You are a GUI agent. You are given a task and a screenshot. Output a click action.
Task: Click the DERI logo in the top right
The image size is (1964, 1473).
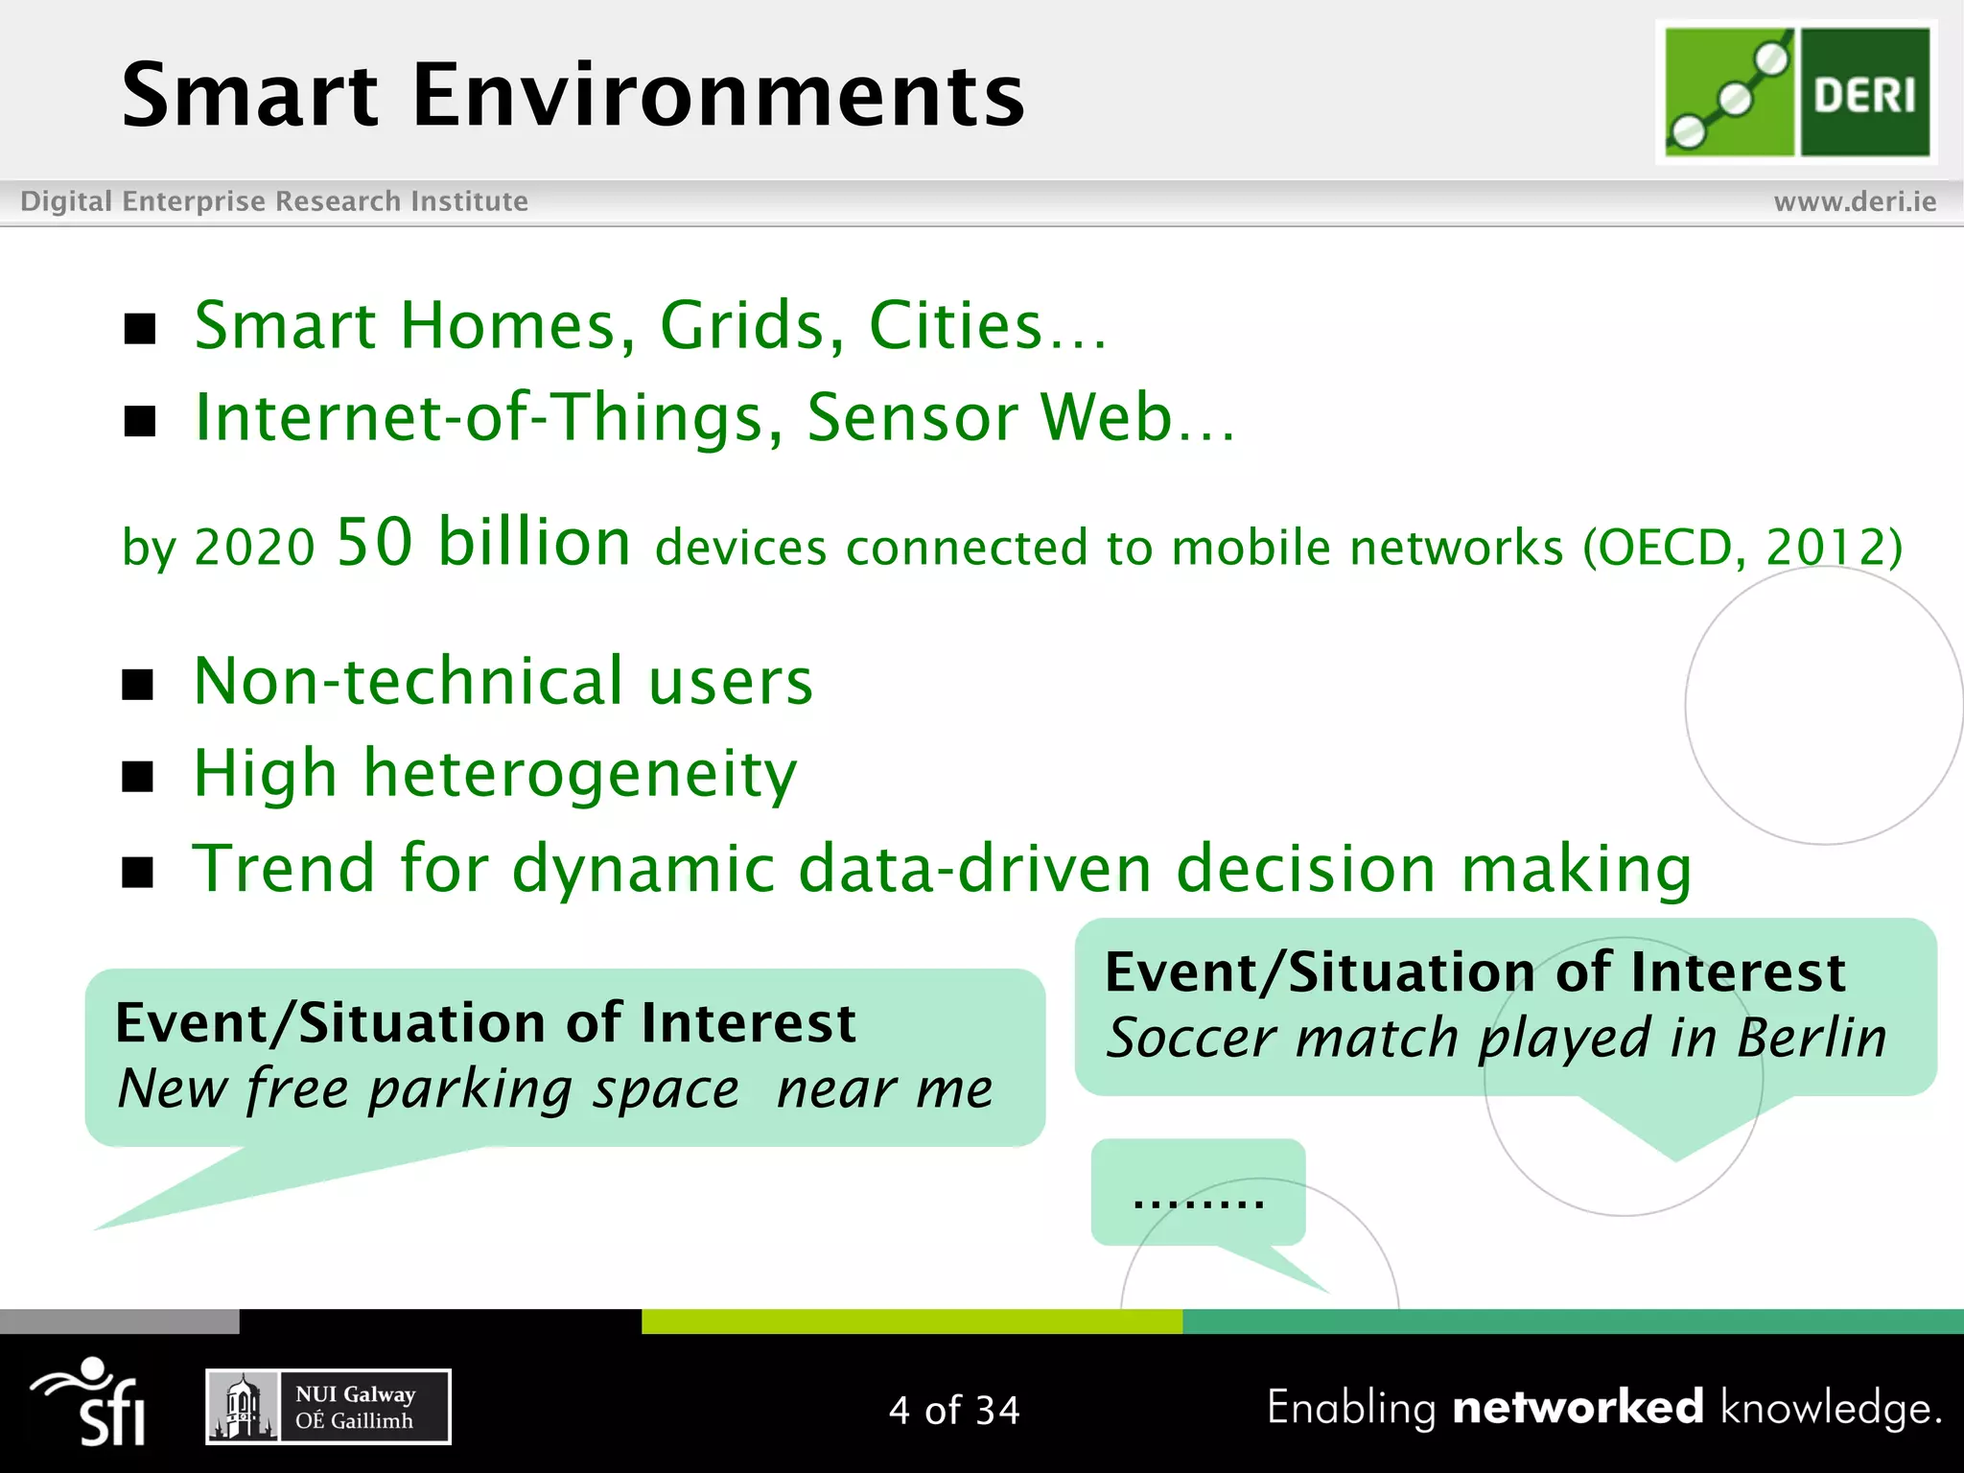pos(1796,92)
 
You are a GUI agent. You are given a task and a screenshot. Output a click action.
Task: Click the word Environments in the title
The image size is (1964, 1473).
pos(718,96)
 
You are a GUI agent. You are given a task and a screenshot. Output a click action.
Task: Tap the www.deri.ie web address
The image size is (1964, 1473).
pos(1854,201)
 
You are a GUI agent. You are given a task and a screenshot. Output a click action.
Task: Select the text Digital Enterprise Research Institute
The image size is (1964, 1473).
pos(274,201)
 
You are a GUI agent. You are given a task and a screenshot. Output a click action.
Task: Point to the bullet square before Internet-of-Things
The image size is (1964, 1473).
pos(140,421)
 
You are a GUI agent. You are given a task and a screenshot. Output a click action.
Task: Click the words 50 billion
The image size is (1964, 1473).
pos(483,543)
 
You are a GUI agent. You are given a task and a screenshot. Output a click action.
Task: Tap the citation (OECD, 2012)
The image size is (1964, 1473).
pos(1742,548)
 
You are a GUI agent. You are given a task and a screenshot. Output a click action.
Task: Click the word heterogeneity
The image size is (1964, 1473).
pos(579,774)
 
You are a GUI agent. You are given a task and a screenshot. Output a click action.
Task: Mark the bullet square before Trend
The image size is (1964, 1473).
pos(138,872)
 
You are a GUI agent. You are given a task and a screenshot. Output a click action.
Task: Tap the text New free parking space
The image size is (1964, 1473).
pos(428,1089)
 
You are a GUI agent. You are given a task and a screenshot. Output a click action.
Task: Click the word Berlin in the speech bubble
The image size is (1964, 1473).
pos(1811,1039)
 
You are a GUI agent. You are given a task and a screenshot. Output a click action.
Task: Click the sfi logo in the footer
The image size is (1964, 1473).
pos(92,1402)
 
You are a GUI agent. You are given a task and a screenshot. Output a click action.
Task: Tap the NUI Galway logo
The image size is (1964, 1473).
pos(328,1407)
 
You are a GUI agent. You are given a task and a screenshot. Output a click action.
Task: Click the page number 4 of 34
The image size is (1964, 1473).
pos(954,1411)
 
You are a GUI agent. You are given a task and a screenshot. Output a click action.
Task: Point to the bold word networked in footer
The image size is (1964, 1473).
pos(1578,1408)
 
